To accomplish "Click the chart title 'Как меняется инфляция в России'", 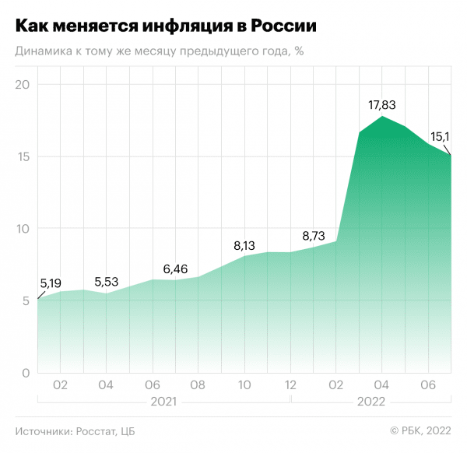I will [x=166, y=26].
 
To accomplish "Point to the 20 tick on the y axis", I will [x=23, y=84].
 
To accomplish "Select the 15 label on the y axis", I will [x=23, y=156].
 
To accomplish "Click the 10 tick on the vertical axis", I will [x=23, y=229].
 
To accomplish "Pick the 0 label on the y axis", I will [x=26, y=373].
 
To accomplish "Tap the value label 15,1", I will [x=441, y=136].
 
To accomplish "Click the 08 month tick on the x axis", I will [x=198, y=385].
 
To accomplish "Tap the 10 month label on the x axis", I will [x=244, y=385].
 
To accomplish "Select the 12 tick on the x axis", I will [x=290, y=385].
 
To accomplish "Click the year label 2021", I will [x=162, y=402].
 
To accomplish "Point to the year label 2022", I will [x=370, y=402].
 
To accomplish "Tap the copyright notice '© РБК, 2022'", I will [x=420, y=431].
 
